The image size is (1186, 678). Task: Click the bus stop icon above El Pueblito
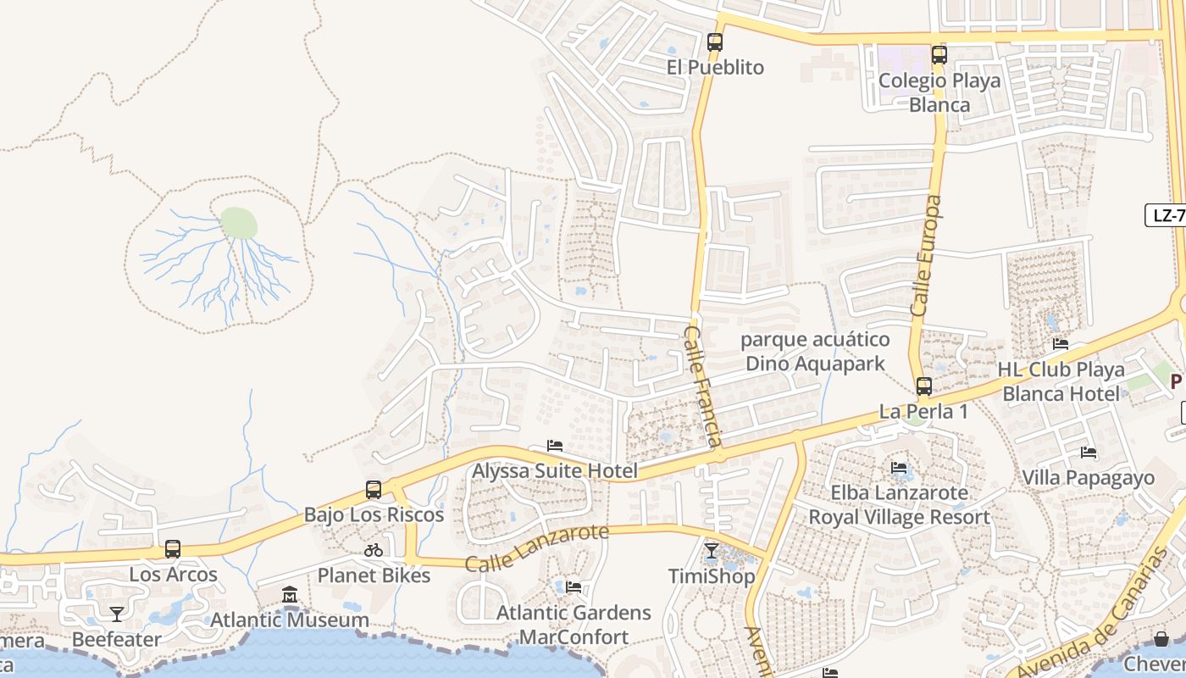pos(715,42)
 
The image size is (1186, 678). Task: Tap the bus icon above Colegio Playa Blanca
pos(939,55)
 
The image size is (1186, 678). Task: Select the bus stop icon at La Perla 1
pos(923,386)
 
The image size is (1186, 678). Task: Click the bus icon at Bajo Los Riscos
pos(374,489)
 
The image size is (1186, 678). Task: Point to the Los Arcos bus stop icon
pos(173,549)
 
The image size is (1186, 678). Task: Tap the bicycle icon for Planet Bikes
pos(374,550)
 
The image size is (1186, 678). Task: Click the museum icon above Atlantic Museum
pos(290,594)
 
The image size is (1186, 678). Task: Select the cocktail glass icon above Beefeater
pos(117,614)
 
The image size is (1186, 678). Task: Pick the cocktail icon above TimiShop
pos(712,551)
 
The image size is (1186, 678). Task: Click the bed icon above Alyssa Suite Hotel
pos(555,445)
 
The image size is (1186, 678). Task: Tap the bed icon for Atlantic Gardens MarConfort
pos(574,586)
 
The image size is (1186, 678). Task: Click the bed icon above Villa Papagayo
pos(1089,452)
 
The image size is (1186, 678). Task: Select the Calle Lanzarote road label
pos(537,547)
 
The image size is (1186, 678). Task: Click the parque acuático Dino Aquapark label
pos(815,352)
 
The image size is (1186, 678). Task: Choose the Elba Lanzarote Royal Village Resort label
pos(899,505)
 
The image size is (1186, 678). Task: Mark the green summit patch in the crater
pos(239,224)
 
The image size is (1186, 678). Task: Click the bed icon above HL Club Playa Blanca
pos(1060,344)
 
